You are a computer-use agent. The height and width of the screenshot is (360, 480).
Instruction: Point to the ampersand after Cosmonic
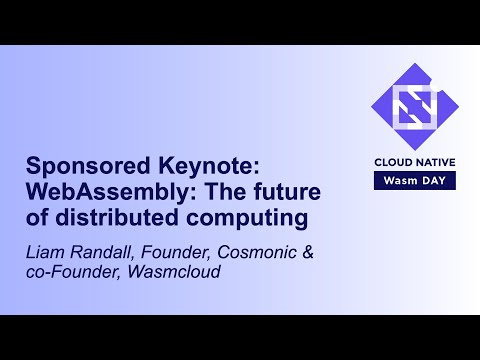pos(309,254)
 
